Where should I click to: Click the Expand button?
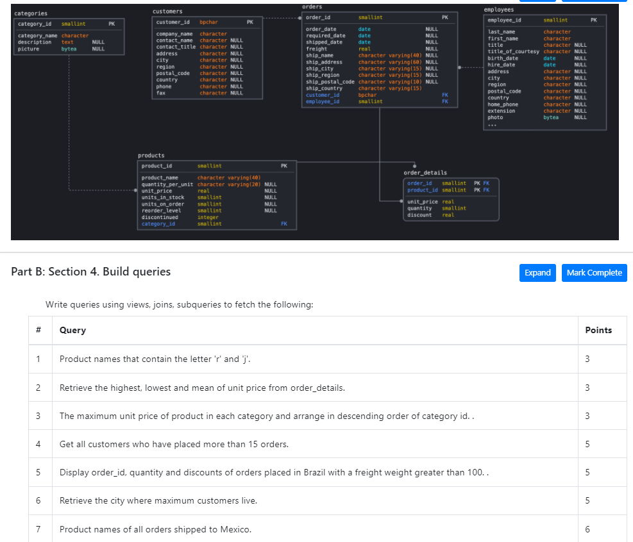pyautogui.click(x=537, y=273)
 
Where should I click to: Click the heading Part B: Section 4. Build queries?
pyautogui.click(x=91, y=272)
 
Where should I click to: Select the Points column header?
pyautogui.click(x=598, y=330)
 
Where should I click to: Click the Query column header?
pyautogui.click(x=72, y=330)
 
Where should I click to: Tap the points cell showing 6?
pyautogui.click(x=588, y=529)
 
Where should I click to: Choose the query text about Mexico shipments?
pyautogui.click(x=155, y=529)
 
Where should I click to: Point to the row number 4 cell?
pyautogui.click(x=38, y=444)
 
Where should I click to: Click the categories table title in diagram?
pyautogui.click(x=31, y=13)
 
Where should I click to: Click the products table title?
pyautogui.click(x=151, y=156)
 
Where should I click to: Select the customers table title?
pyautogui.click(x=167, y=12)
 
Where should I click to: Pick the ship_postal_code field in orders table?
pyautogui.click(x=330, y=82)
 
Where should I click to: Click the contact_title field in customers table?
pyautogui.click(x=176, y=47)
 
